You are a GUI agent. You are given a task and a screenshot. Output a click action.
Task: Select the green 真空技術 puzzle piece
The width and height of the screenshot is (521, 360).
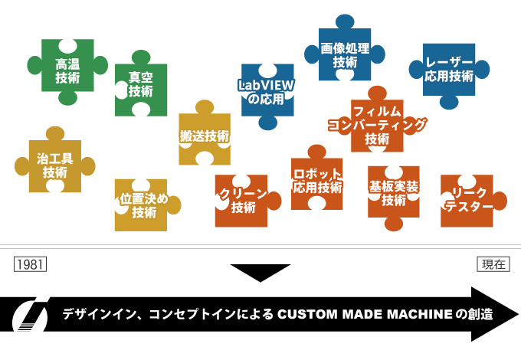coord(141,84)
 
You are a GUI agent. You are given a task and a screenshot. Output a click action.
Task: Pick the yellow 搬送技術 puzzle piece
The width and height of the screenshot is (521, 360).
coord(205,136)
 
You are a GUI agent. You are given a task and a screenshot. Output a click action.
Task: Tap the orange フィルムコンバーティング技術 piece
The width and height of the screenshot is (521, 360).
coord(377,124)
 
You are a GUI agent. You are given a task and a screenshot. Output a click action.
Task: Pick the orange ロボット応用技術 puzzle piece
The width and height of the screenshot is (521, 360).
coord(317,181)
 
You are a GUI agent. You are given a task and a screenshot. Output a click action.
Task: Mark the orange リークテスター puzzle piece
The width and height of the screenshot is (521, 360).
coord(467,200)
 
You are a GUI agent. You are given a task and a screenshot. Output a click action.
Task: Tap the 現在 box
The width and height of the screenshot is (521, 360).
coord(493,263)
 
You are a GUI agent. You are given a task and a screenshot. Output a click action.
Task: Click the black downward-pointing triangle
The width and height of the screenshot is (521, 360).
coord(260,272)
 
